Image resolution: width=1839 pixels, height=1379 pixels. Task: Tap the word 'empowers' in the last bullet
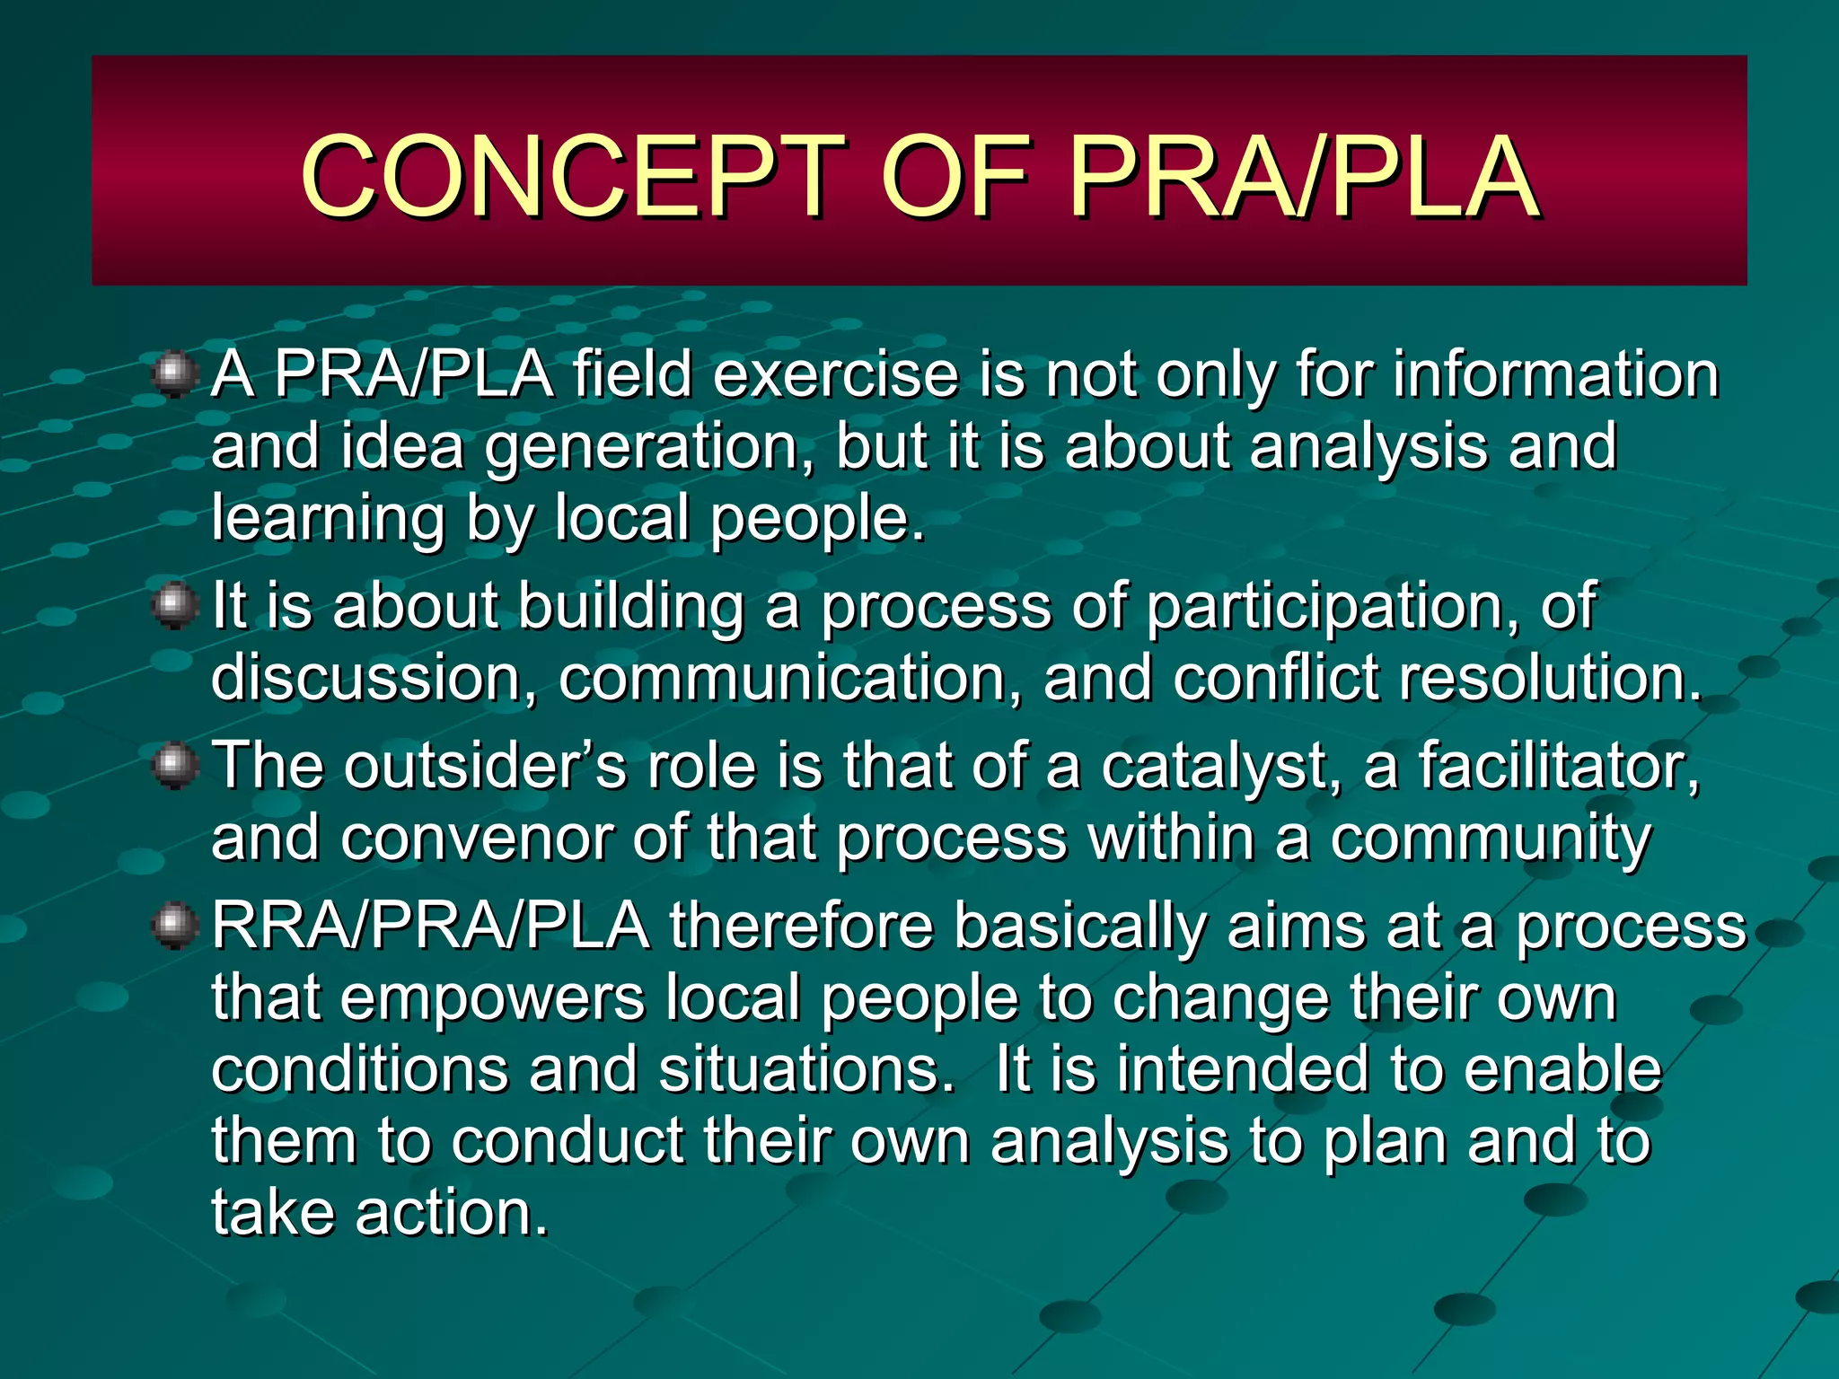click(x=492, y=998)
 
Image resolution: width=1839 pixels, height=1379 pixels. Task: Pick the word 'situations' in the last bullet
click(x=806, y=1069)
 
